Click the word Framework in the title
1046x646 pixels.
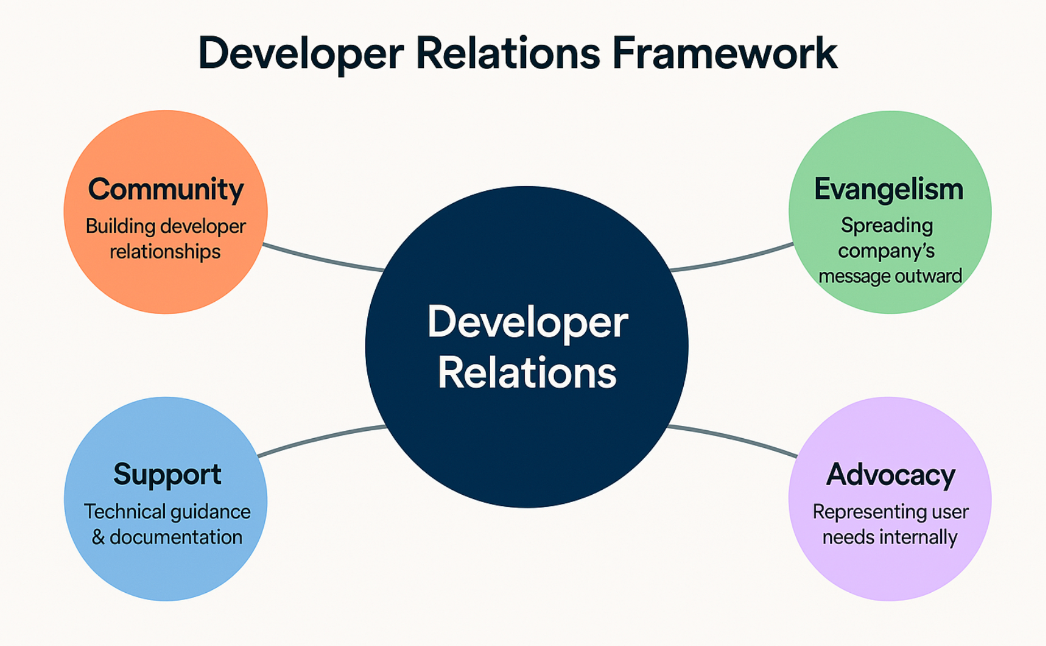[725, 53]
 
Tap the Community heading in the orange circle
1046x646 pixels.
[166, 190]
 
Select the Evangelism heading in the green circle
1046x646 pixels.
[889, 190]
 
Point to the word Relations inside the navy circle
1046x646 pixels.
[527, 373]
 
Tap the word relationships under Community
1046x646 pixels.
[165, 251]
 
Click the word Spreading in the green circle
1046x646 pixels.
[887, 226]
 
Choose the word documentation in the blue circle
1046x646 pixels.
[176, 537]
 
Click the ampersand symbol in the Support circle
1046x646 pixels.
[98, 537]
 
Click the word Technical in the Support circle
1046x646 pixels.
[124, 512]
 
